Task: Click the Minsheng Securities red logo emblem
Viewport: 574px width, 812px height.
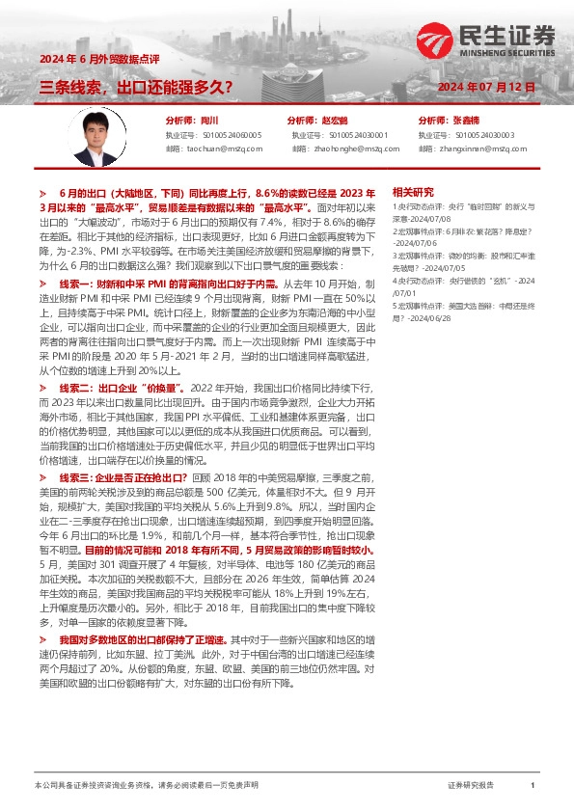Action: (434, 40)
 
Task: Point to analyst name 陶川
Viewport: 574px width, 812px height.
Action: (205, 121)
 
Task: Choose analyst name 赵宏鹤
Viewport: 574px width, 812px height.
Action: (334, 121)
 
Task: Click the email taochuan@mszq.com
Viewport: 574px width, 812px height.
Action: (224, 149)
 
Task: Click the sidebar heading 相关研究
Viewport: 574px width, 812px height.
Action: (414, 192)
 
